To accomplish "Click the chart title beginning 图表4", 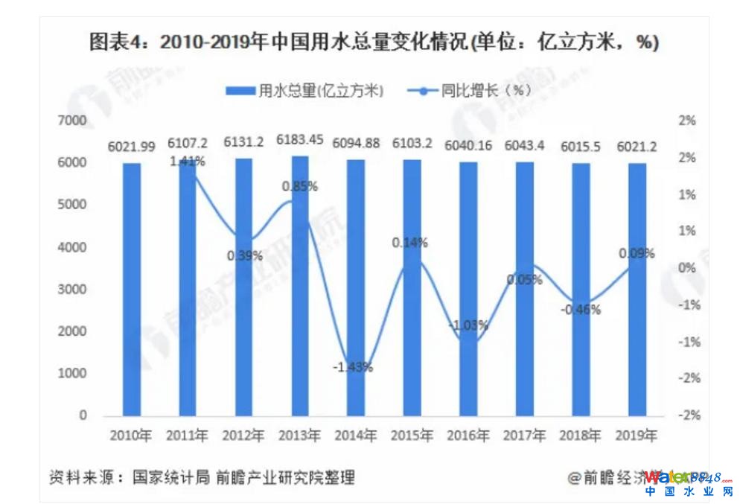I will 373,42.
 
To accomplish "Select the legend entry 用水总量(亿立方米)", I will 304,91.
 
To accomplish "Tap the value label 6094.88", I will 356,142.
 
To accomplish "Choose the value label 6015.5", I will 581,142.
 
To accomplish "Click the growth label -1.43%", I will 353,367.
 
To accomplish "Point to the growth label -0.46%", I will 581,310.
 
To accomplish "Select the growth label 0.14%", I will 409,242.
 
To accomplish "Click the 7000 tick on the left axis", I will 72,121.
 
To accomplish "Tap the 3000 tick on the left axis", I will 72,289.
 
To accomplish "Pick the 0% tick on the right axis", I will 686,268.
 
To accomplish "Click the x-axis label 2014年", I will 356,436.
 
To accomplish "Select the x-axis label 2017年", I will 525,436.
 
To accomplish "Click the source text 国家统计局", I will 170,477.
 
